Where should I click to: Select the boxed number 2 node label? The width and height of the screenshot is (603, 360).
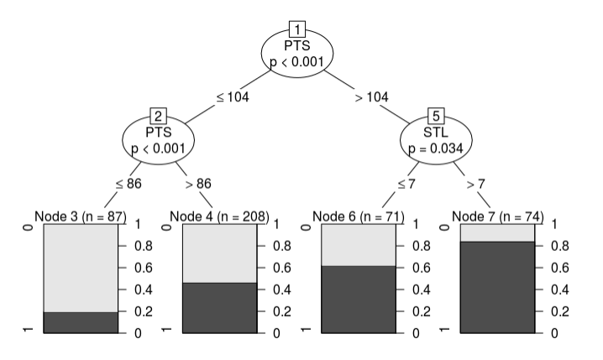[x=158, y=116]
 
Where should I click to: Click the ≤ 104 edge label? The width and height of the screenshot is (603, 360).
[x=233, y=97]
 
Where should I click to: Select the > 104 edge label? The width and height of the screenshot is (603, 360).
[x=371, y=97]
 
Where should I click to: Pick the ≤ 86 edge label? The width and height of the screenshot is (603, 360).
[x=127, y=182]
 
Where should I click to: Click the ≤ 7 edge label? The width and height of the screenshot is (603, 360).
[x=407, y=182]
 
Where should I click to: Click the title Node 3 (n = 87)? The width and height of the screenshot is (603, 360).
[x=81, y=217]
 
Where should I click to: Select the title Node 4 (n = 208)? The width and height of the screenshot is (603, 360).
[x=219, y=217]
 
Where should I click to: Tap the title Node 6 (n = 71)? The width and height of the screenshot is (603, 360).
[x=359, y=217]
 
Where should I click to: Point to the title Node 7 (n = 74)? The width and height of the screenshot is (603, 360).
[x=497, y=217]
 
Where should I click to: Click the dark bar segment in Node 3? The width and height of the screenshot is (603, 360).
[x=81, y=322]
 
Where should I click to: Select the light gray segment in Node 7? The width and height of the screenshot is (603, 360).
[x=497, y=232]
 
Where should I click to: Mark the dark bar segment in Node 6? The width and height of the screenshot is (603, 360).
[x=359, y=299]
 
